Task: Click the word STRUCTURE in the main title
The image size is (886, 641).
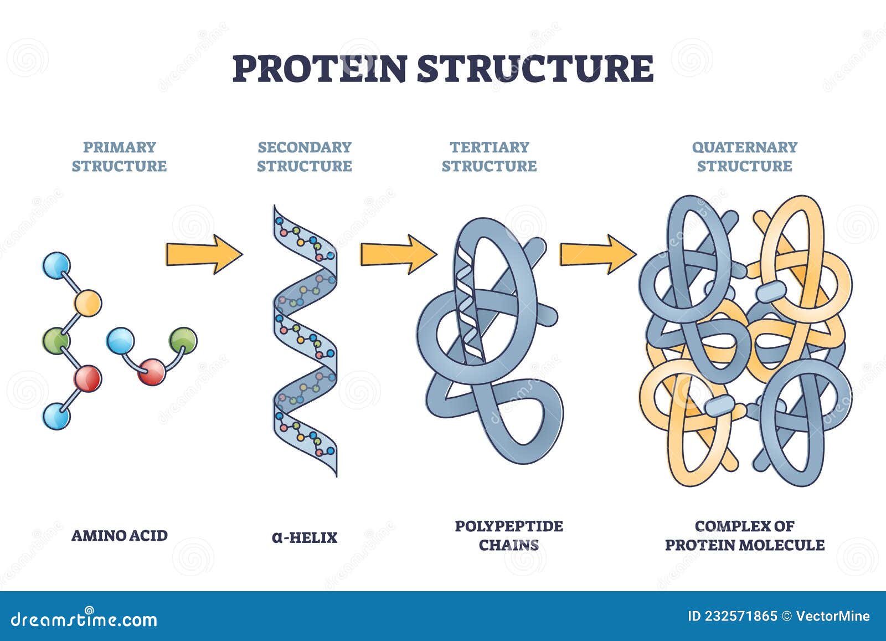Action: (x=535, y=68)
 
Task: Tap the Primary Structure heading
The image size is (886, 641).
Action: (x=119, y=156)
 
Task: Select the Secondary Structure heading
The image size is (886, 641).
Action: (x=305, y=156)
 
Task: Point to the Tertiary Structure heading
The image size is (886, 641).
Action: (x=490, y=156)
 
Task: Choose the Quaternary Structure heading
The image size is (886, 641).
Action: (x=744, y=156)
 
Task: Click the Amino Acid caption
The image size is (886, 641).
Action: (x=120, y=535)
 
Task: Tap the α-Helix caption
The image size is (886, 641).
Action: (x=305, y=537)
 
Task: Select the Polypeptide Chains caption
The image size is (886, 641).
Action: (x=509, y=535)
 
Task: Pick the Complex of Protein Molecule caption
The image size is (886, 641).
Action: (x=744, y=535)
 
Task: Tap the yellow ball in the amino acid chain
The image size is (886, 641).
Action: (x=87, y=302)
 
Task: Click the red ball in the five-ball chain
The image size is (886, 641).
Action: (x=87, y=379)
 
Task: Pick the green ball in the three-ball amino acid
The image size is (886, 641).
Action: (x=183, y=341)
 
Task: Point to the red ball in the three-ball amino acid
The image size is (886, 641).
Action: (x=152, y=371)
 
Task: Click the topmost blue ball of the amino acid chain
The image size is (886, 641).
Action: (x=56, y=265)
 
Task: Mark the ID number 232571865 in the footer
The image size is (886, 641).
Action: (x=732, y=616)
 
